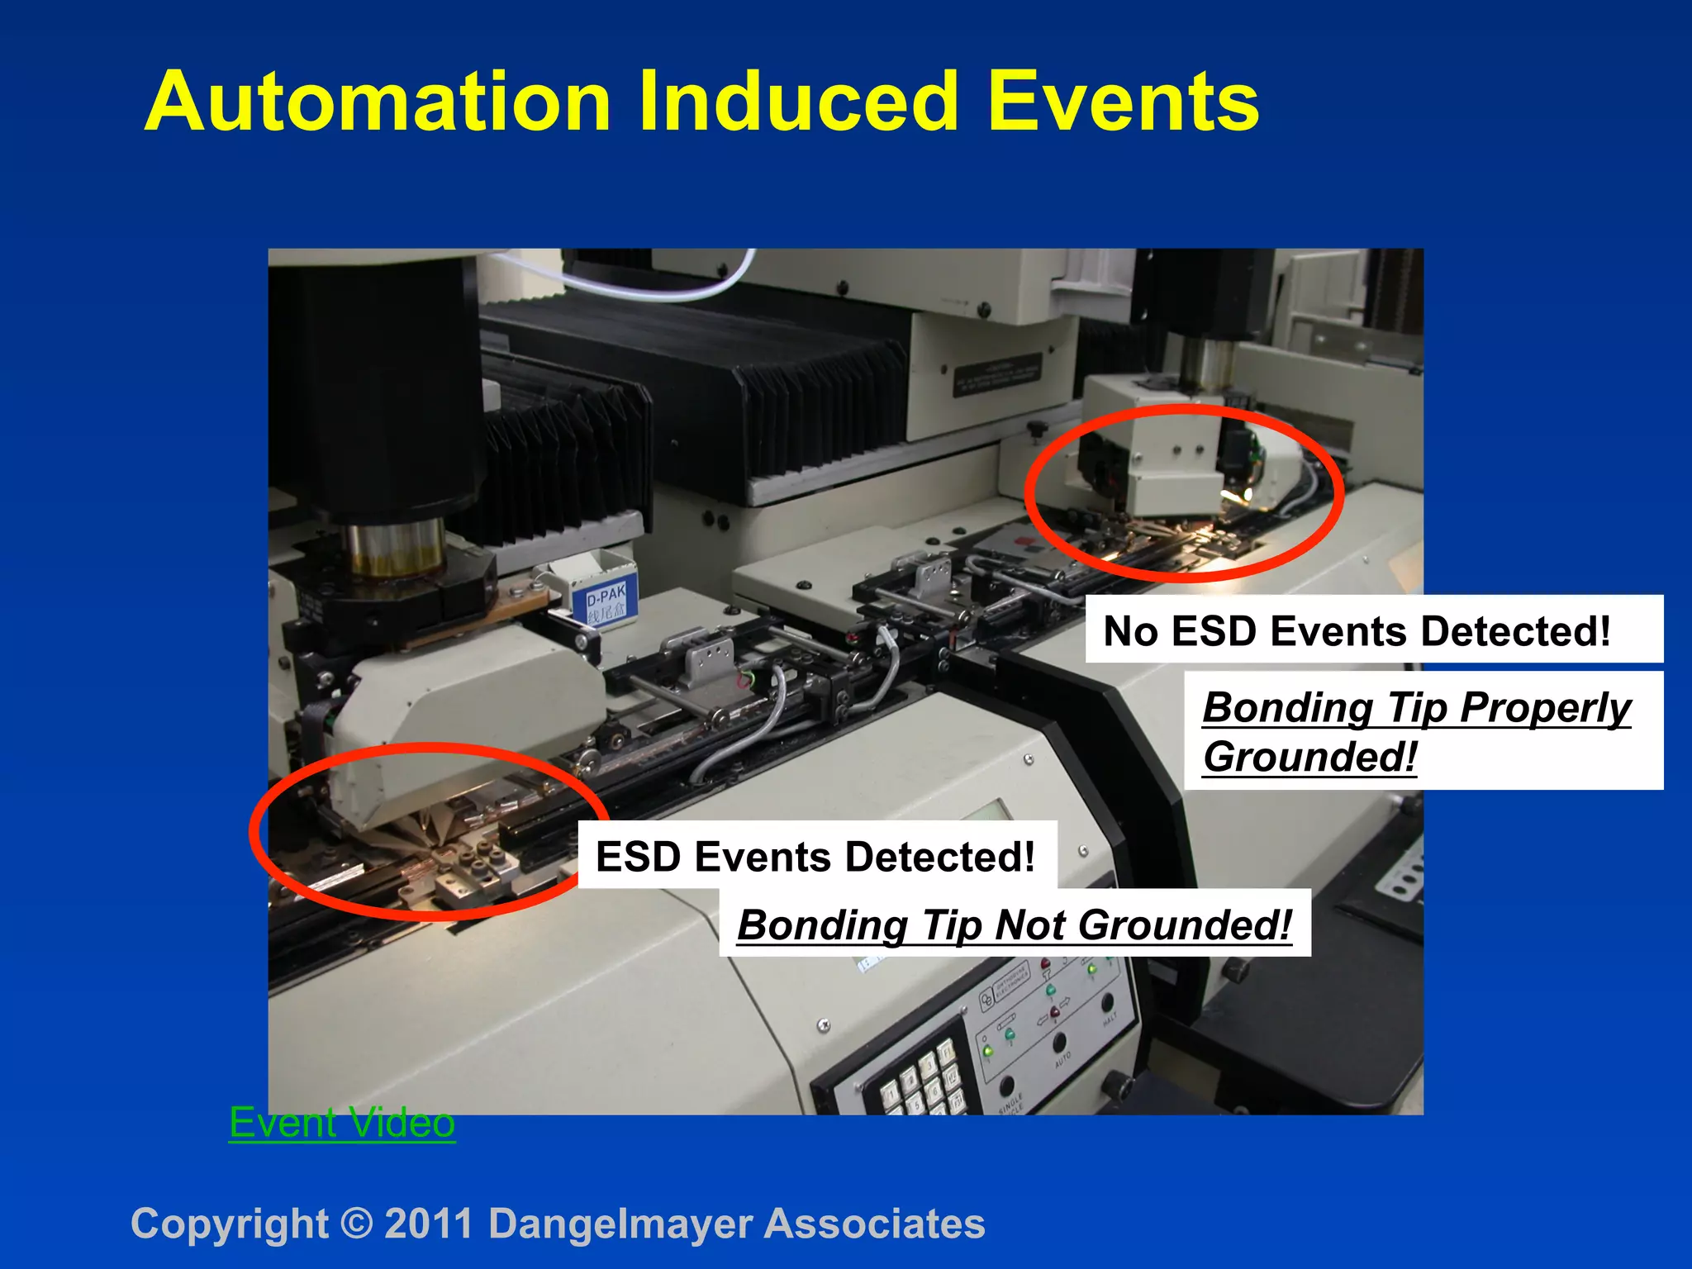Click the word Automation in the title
point(378,102)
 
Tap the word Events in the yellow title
point(1123,102)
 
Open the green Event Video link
point(341,1124)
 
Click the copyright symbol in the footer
point(356,1224)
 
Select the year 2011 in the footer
point(429,1224)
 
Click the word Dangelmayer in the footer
point(620,1224)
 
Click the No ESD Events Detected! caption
point(1357,631)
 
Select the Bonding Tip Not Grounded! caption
point(1014,924)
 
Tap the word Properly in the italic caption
point(1544,708)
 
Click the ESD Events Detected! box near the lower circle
point(815,857)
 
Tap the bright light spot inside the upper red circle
point(1233,496)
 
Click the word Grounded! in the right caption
point(1309,757)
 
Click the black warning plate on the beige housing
point(997,374)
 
